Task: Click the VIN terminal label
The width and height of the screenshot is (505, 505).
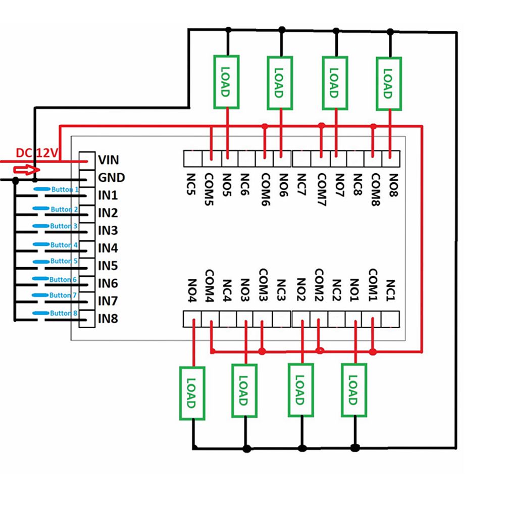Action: click(109, 160)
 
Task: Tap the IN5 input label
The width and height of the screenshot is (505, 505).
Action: click(108, 266)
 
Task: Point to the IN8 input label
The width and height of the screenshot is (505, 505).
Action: click(108, 319)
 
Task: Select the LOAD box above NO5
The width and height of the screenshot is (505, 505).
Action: click(226, 82)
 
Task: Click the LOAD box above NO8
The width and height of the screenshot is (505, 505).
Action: click(388, 83)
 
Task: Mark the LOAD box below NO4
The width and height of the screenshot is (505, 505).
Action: click(191, 393)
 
